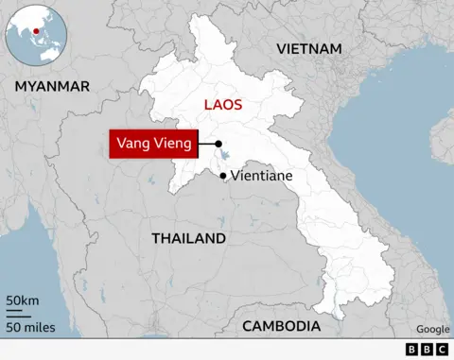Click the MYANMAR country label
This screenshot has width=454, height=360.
[x=52, y=86]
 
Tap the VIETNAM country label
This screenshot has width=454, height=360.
[x=307, y=48]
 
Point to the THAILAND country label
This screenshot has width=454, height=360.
[x=189, y=238]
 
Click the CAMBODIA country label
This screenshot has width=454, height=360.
[x=281, y=326]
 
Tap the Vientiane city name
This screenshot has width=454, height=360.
[x=262, y=177]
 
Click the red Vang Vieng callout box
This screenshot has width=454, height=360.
[x=153, y=144]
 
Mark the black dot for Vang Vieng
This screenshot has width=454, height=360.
[x=218, y=145]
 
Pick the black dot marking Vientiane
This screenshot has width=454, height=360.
[x=223, y=176]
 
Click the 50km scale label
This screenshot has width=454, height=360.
[x=22, y=300]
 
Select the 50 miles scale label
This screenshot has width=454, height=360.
[x=29, y=327]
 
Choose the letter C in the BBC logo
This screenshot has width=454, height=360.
[x=442, y=350]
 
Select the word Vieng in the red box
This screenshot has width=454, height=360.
[x=173, y=144]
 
